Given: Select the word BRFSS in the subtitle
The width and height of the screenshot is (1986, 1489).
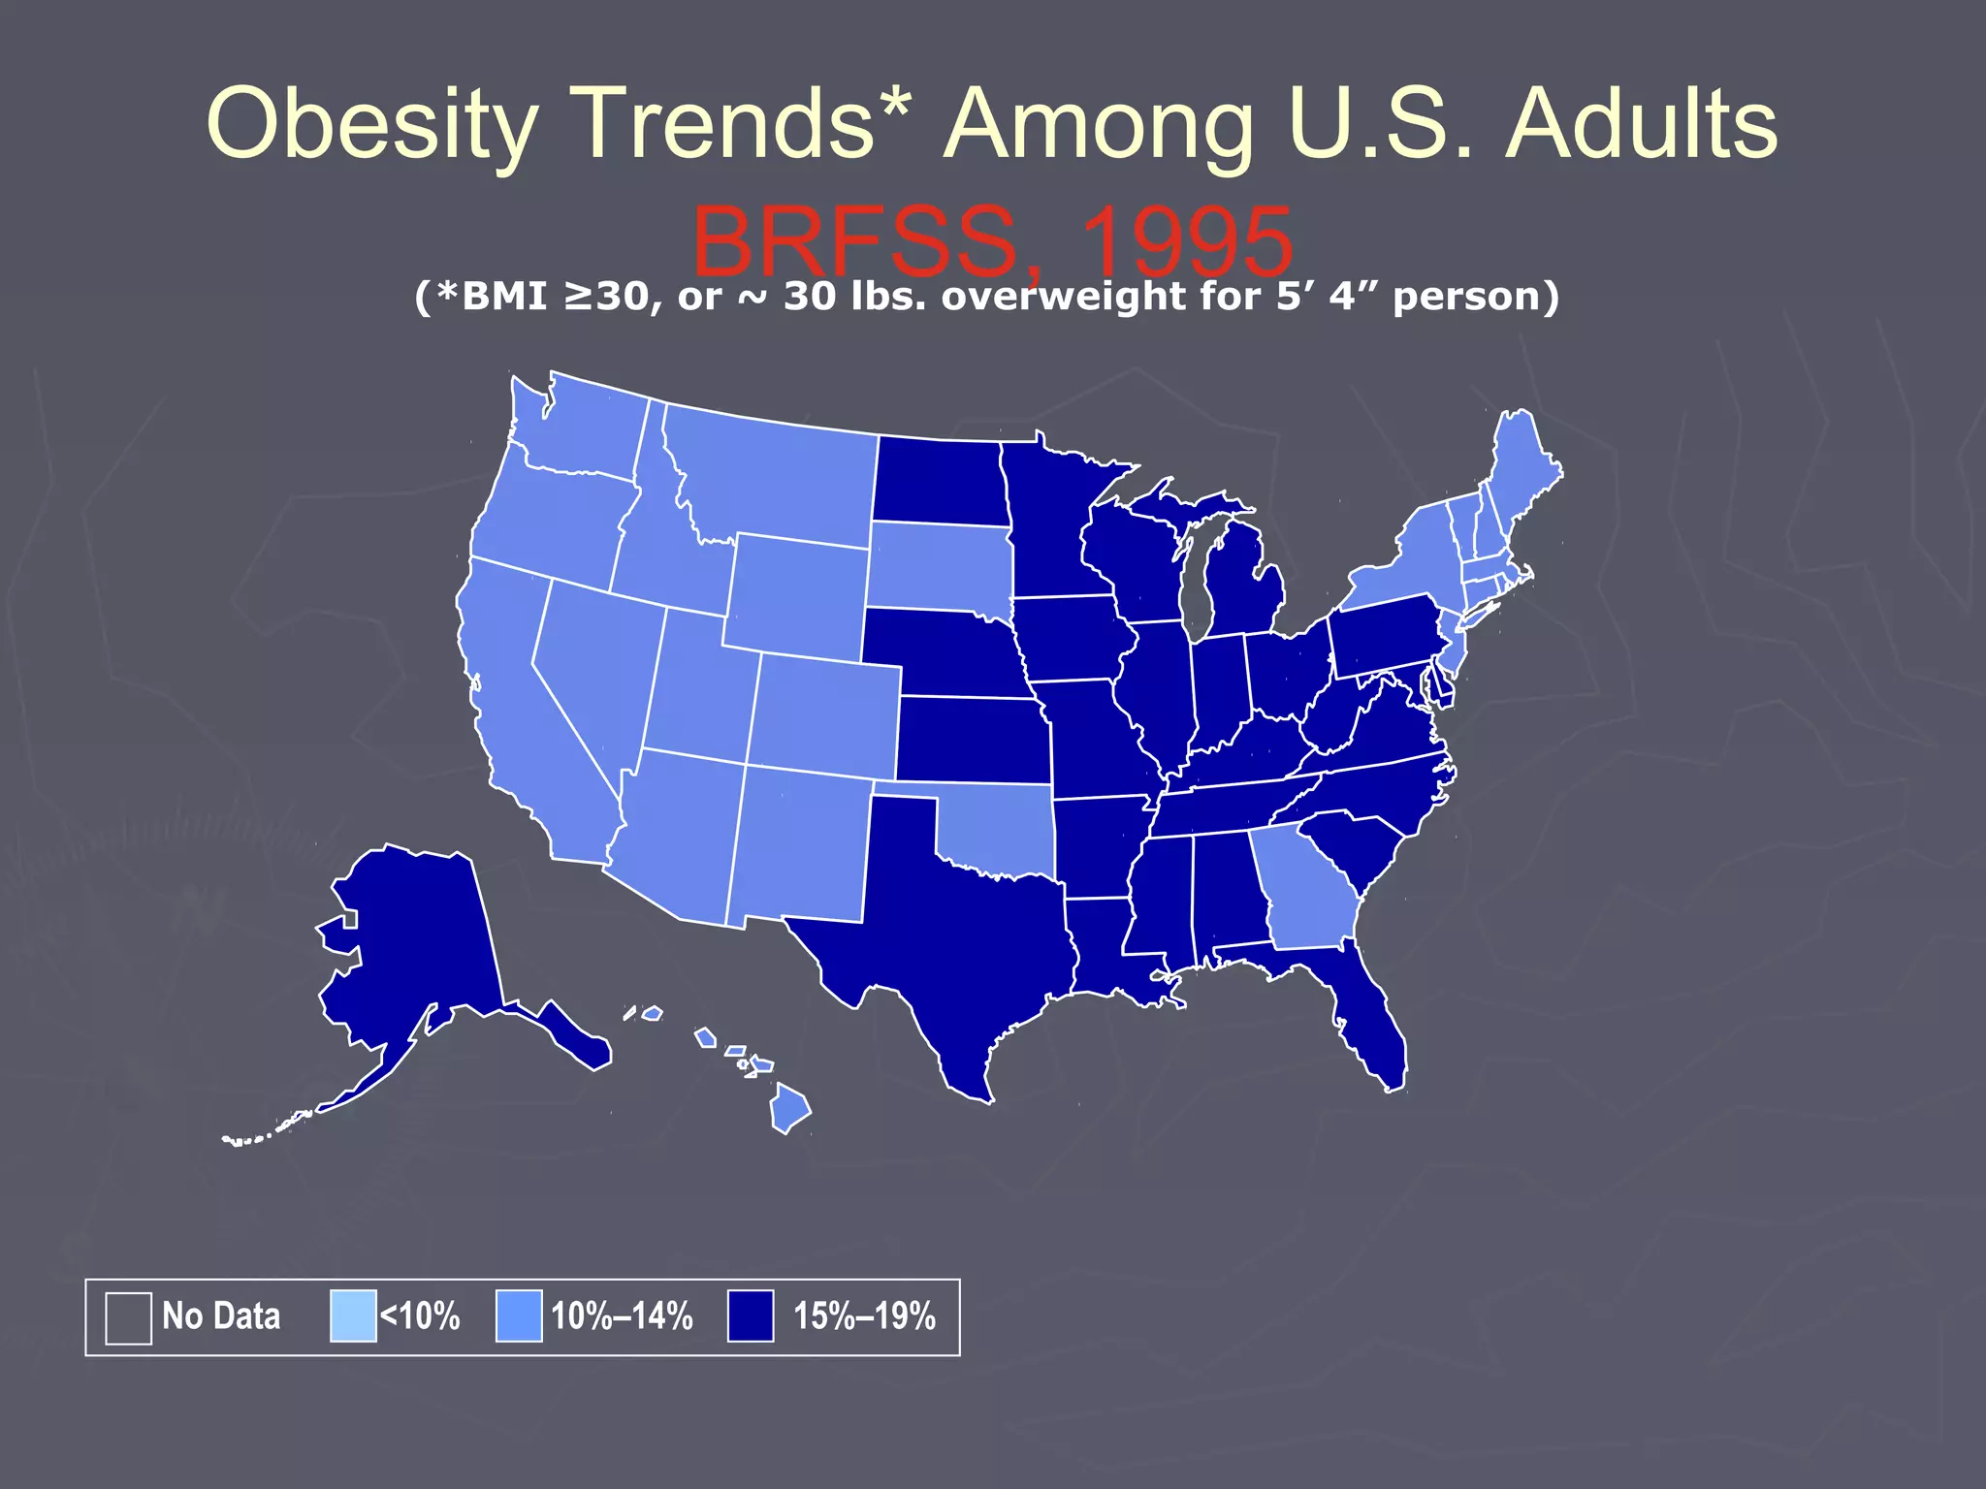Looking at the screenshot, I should [853, 242].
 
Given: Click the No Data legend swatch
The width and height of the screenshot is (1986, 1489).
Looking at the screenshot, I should [128, 1317].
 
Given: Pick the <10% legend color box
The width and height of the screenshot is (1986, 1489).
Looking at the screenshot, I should [353, 1316].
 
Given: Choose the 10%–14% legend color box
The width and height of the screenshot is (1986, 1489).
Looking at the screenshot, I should [519, 1316].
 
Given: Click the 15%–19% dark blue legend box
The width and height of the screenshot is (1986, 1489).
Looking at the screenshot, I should [751, 1316].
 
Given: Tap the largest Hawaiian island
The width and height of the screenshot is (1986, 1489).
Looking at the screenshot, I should [789, 1110].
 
